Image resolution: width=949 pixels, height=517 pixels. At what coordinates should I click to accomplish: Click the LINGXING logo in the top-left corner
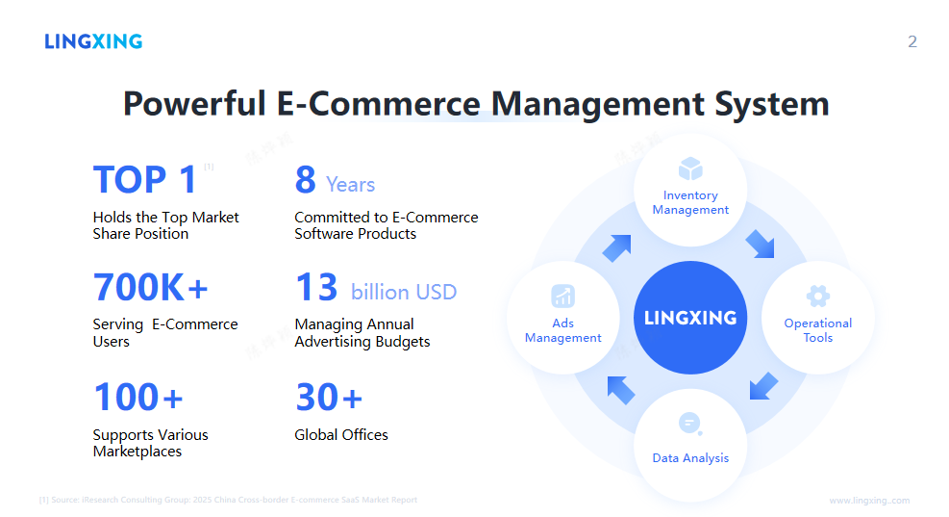(93, 41)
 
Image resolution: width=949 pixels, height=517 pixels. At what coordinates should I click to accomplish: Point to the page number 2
(912, 41)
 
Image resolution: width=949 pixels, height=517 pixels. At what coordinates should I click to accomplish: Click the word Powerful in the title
(193, 103)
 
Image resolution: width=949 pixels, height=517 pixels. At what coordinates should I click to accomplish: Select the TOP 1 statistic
(145, 180)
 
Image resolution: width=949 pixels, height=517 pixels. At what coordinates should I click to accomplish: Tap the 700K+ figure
(150, 288)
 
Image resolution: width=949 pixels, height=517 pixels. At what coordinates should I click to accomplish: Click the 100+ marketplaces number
(137, 397)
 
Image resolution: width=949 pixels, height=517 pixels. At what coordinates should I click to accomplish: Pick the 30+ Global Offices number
(328, 397)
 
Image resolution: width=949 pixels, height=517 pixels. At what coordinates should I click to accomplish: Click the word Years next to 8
(350, 185)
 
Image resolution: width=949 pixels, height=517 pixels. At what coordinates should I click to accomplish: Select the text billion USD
(404, 292)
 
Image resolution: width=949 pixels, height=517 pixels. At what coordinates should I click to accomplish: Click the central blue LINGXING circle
(689, 318)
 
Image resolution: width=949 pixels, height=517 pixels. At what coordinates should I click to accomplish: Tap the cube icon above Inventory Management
(690, 169)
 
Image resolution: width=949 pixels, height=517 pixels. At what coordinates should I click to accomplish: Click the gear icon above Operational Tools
(817, 296)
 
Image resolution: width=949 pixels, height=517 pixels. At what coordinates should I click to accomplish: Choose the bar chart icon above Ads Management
(562, 296)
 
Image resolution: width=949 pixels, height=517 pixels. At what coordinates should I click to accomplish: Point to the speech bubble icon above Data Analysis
(689, 424)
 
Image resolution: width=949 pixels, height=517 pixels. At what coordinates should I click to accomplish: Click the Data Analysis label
(690, 458)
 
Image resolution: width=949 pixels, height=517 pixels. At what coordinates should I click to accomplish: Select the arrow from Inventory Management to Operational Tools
(760, 245)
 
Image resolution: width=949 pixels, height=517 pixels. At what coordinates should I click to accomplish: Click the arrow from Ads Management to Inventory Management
(616, 247)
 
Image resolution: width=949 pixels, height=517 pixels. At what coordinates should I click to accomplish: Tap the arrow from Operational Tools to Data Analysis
(762, 386)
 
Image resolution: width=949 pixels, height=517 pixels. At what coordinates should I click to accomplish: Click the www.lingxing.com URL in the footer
(869, 501)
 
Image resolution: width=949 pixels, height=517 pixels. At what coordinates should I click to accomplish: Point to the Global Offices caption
(341, 435)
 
